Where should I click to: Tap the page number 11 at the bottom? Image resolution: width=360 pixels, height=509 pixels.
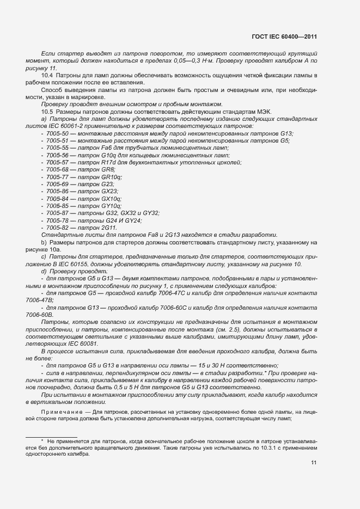tap(314, 463)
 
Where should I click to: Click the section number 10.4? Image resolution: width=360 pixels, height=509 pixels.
tap(46, 75)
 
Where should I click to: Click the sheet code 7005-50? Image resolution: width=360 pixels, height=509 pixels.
tap(57, 133)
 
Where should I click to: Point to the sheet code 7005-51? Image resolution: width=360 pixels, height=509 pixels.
tap(57, 140)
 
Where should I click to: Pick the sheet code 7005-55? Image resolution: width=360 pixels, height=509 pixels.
tap(57, 148)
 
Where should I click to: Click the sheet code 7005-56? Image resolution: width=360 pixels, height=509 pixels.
tap(57, 155)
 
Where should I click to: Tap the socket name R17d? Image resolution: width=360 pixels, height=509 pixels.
tap(110, 162)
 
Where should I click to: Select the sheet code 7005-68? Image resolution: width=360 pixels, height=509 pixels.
tap(57, 170)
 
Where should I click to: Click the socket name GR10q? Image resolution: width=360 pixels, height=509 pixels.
tap(112, 177)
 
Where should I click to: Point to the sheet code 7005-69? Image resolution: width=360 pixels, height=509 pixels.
tap(57, 185)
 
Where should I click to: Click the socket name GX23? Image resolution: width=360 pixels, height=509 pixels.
tap(110, 192)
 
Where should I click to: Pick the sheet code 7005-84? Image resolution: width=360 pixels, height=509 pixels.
tap(57, 199)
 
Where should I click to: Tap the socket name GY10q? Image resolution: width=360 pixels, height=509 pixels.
tap(112, 206)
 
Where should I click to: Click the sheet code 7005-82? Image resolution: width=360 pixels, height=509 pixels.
tap(57, 228)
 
